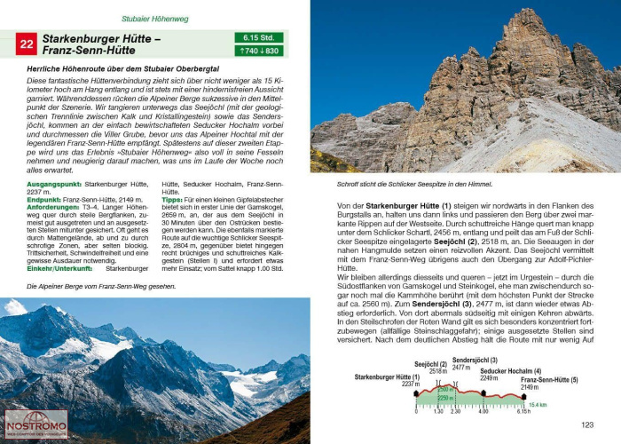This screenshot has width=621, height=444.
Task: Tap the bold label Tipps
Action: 174,200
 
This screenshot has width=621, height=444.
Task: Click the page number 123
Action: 586,424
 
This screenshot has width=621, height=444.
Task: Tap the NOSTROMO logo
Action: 35,423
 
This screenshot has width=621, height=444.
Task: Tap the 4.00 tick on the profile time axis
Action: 483,411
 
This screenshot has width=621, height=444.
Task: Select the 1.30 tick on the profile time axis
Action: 437,411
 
